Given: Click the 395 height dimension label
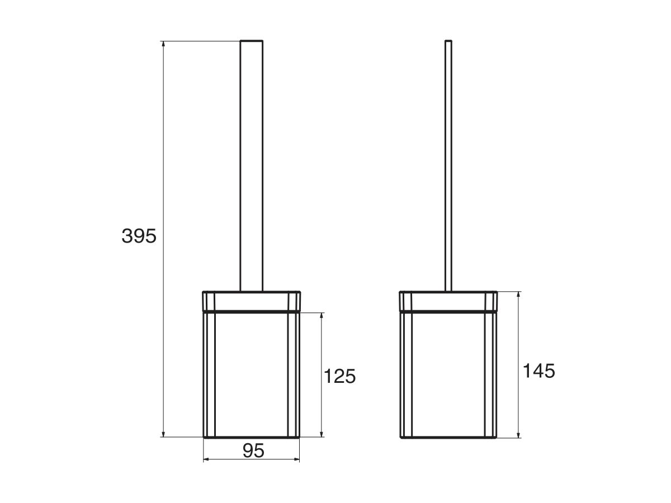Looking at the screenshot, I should point(139,236).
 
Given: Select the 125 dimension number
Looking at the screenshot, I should point(339,376).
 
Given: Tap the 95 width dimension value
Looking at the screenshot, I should point(253,450).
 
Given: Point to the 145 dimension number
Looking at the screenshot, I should point(539,371).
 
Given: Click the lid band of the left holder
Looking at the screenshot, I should point(252,300).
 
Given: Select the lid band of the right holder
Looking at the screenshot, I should point(448,300).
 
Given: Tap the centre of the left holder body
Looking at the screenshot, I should point(252,374).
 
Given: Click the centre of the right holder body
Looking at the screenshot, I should point(448,374).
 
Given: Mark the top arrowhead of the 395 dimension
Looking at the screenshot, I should point(163,44).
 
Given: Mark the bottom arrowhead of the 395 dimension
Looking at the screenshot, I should point(163,434).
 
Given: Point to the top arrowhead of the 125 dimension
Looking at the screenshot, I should point(322,316).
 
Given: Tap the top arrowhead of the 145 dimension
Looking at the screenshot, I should point(519,295).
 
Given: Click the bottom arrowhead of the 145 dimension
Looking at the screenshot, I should point(519,434).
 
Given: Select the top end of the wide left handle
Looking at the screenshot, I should point(251,41).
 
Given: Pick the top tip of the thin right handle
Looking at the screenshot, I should point(448,41).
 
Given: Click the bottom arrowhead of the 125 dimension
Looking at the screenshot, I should point(322,434).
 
